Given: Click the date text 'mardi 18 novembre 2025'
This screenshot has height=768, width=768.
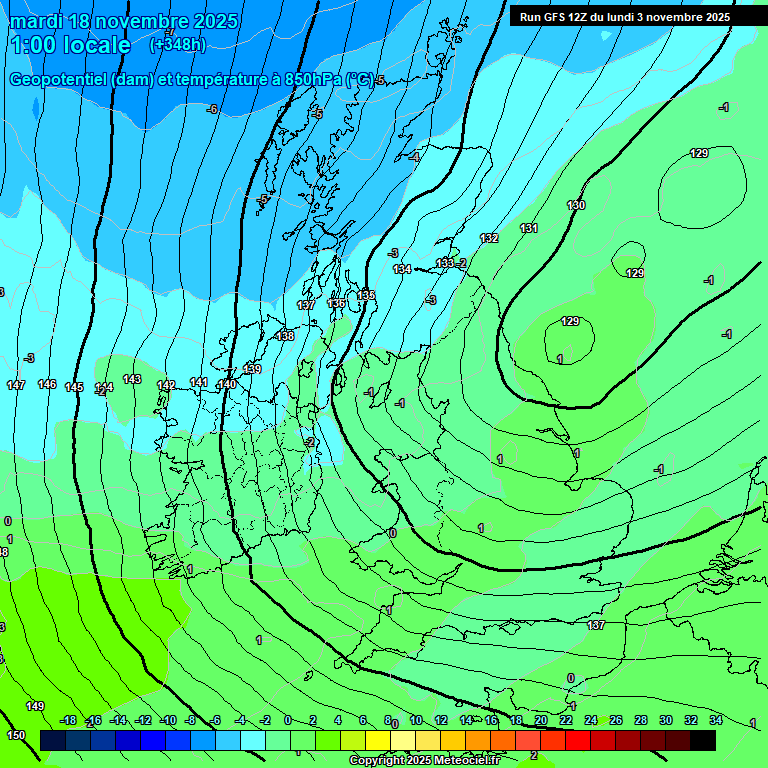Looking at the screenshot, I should tap(124, 21).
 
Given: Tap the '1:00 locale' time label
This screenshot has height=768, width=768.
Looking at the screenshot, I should tap(70, 45).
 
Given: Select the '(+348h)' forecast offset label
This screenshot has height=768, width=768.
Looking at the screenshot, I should tap(177, 45).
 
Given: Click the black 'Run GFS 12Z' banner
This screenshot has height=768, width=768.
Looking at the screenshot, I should tap(624, 17).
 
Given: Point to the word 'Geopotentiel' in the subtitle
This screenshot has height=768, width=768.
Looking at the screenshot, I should tap(60, 80).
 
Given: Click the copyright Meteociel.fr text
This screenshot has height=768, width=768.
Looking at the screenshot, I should tap(425, 761).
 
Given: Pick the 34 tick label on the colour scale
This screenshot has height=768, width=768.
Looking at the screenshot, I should tap(715, 720).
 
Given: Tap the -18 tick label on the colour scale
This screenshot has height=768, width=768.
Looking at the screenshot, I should tap(68, 720).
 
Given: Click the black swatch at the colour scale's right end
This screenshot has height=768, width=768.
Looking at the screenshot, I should tap(703, 740).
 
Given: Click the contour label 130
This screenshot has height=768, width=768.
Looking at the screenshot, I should tap(576, 205).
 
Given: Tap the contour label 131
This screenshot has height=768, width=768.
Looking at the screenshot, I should tap(529, 228).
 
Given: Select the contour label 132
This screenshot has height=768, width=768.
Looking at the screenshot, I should tap(489, 238).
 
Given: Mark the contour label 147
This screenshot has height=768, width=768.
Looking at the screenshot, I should tap(16, 385).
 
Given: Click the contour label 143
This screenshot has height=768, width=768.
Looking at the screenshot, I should tap(132, 379).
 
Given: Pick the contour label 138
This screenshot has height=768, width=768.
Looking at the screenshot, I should tap(286, 336).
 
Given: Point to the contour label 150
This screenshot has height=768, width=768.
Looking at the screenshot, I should tap(16, 735).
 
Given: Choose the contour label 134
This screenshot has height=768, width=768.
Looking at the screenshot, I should tap(402, 269).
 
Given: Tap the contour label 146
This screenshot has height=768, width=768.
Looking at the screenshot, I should tap(47, 384).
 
